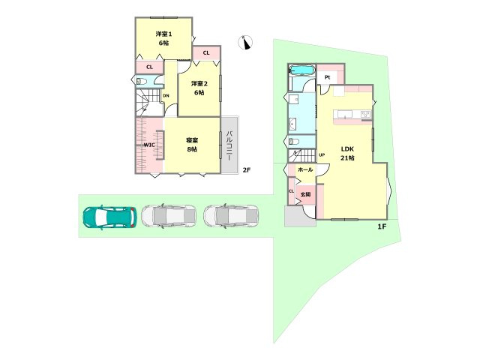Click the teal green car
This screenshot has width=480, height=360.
109,217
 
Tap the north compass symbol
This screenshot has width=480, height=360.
245,43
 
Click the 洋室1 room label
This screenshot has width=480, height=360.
163,34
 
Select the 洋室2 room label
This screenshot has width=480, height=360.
199,83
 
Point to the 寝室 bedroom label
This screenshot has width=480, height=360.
192,140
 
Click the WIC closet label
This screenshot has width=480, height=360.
149,145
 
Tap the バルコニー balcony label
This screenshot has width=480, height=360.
229,146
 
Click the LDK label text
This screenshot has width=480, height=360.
347,149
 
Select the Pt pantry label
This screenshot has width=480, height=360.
327,77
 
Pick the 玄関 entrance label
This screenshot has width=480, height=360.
305,194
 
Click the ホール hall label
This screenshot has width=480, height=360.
305,169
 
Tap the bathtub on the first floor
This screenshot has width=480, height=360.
301,70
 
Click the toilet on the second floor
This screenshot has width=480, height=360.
142,82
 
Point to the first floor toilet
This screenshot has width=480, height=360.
294,142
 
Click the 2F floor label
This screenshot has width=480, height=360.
247,170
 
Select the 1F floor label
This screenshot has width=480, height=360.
382,226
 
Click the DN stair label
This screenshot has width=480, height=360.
166,95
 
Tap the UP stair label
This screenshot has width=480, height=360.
322,155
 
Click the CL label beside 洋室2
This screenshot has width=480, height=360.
206,53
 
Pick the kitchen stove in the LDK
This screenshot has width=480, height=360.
365,115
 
